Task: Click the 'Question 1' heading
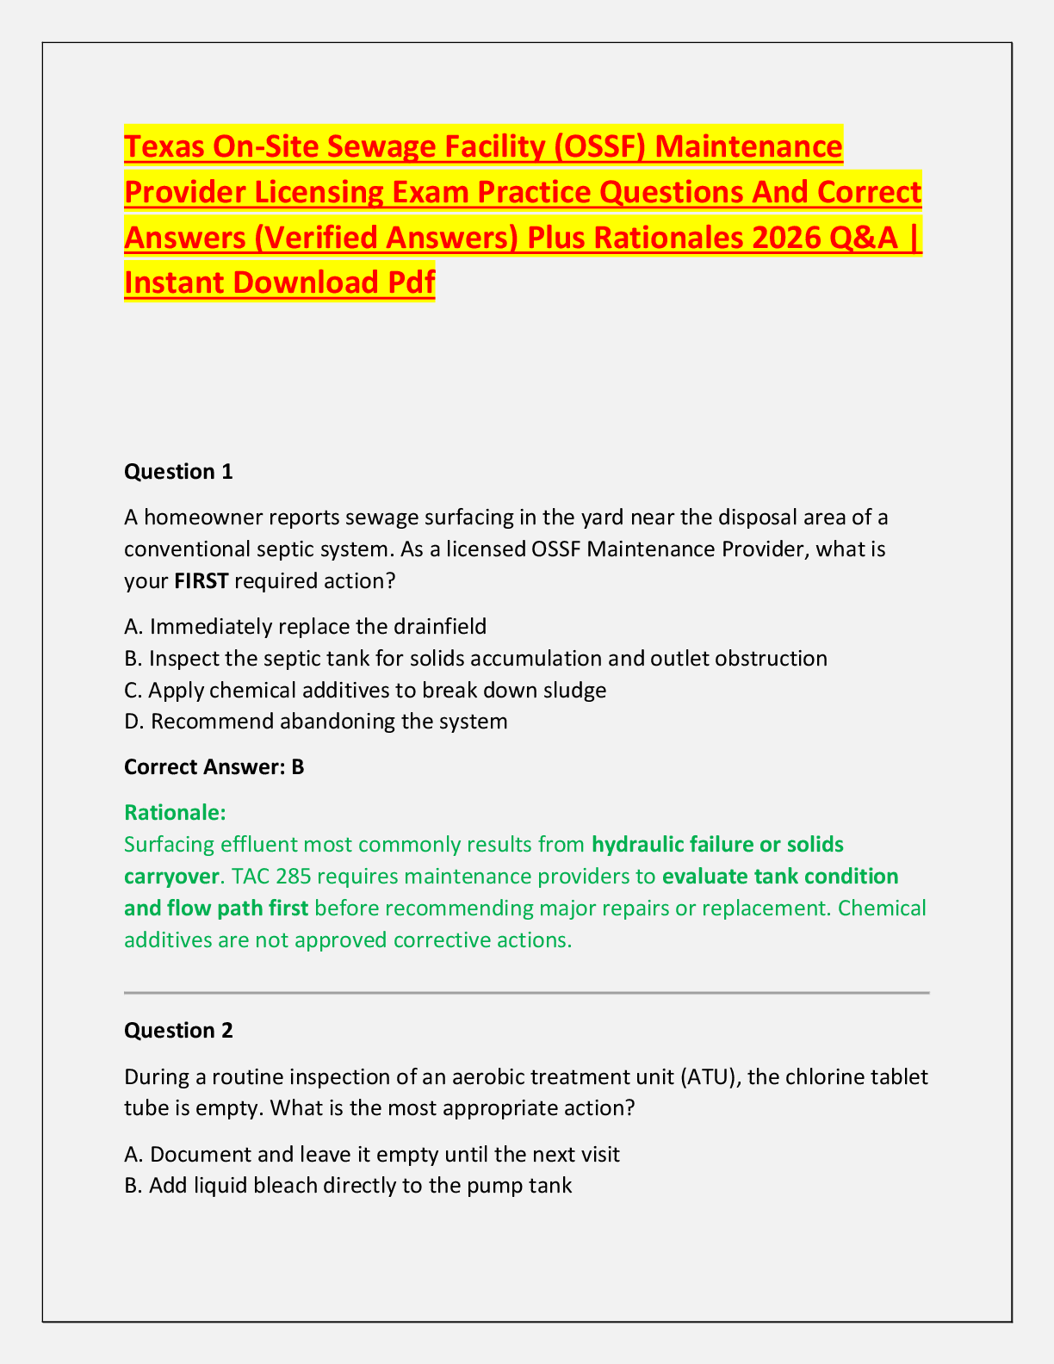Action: [178, 471]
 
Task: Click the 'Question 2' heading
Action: [178, 1030]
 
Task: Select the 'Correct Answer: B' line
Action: [214, 766]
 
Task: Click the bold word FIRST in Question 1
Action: [201, 580]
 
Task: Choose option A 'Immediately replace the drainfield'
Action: [306, 626]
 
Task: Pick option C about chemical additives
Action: [365, 690]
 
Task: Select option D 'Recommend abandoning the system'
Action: [316, 721]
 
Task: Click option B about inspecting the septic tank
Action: [475, 658]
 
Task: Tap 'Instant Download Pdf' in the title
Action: [280, 282]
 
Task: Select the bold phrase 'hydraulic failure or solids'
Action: [718, 844]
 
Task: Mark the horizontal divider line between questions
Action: [526, 993]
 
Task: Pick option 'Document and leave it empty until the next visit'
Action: [372, 1154]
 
